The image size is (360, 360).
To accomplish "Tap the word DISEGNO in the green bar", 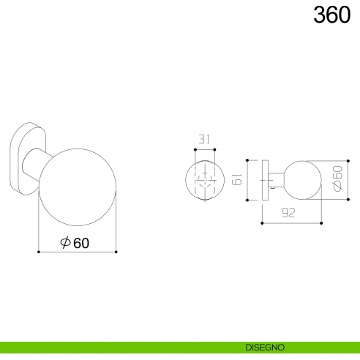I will (x=266, y=346).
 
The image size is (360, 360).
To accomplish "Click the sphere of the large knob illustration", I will (x=77, y=187).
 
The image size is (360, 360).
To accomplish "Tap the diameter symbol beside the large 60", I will (x=65, y=244).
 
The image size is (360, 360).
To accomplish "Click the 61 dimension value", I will (x=236, y=179).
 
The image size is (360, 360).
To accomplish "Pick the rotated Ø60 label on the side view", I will (x=337, y=178).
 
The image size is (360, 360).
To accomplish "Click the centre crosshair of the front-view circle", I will (x=205, y=179).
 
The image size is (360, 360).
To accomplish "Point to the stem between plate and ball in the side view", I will (x=274, y=178).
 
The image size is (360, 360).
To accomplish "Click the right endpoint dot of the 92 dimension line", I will (x=320, y=222).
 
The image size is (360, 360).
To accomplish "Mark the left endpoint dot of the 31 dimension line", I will (x=195, y=149).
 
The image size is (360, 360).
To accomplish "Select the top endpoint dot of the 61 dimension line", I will (x=247, y=159).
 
